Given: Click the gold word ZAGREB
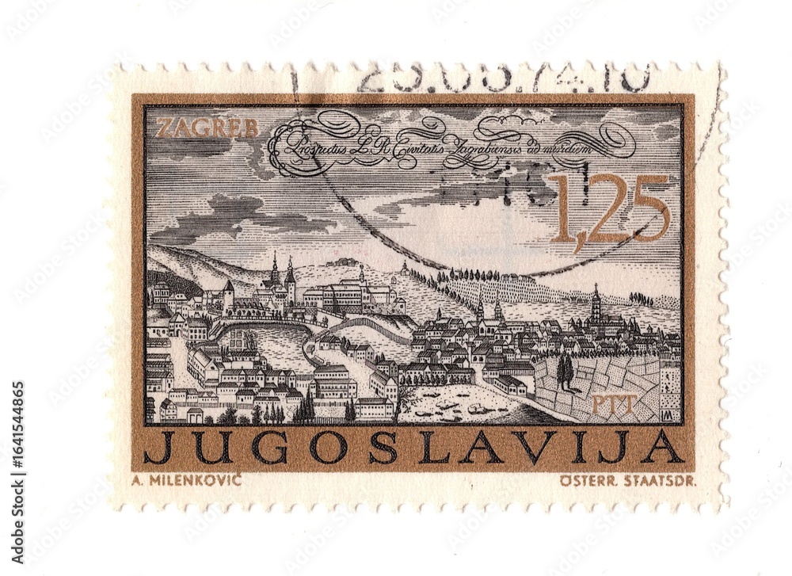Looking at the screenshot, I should (x=208, y=128).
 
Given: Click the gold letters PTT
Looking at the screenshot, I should (x=614, y=406).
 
